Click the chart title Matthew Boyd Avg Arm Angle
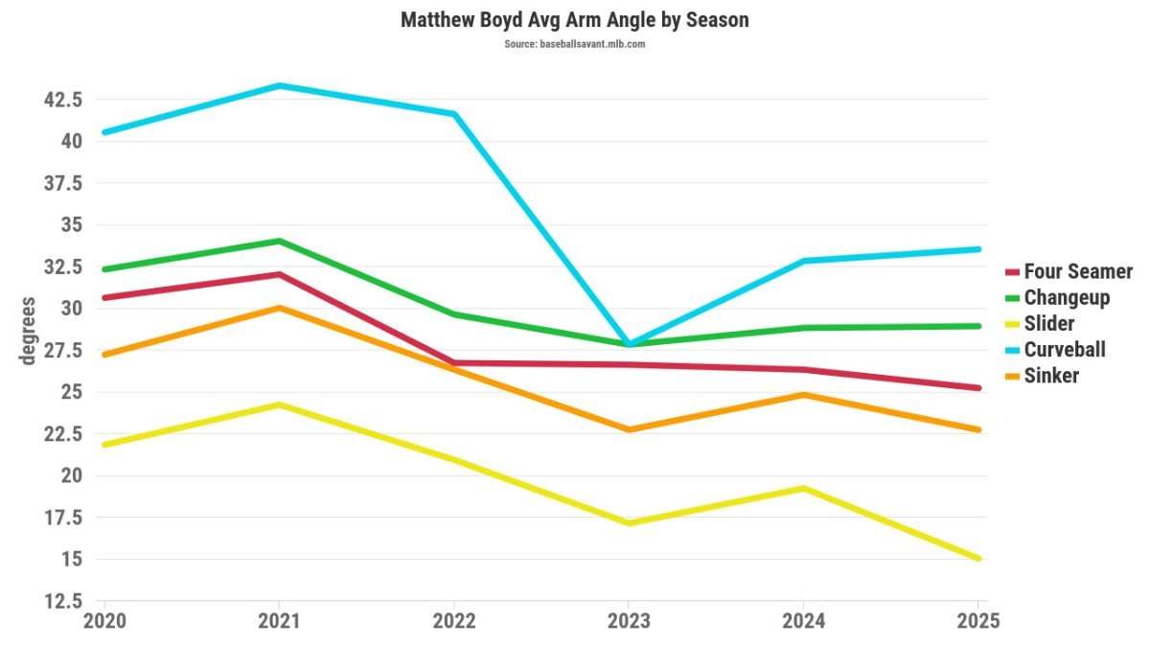(x=574, y=19)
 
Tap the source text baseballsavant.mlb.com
(x=574, y=44)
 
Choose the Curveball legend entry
(x=1064, y=349)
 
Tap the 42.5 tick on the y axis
(x=59, y=99)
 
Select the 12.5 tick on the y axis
(x=59, y=601)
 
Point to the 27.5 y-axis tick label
(x=59, y=350)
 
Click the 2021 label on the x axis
(x=278, y=620)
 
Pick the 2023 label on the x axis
(x=628, y=620)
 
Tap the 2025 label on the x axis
(x=977, y=620)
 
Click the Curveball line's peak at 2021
(x=278, y=85)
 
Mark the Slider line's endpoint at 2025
(x=977, y=558)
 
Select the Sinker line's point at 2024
(x=803, y=394)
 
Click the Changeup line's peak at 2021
(x=278, y=241)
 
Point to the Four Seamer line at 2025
(x=977, y=388)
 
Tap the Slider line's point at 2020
(x=103, y=445)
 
